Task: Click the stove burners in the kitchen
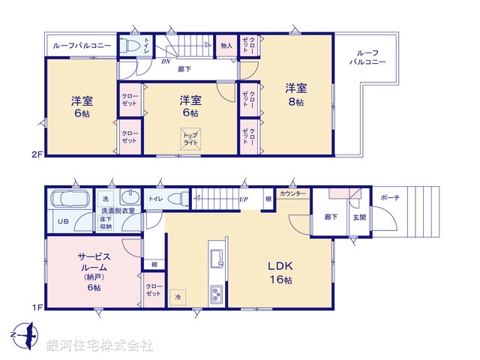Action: click(x=215, y=292)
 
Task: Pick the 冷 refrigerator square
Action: click(x=177, y=297)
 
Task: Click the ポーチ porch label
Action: click(x=390, y=197)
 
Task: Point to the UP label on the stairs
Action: click(x=244, y=200)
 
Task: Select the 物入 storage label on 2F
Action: click(x=226, y=46)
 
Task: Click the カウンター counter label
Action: click(x=292, y=193)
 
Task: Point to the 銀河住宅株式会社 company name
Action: click(x=100, y=346)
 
